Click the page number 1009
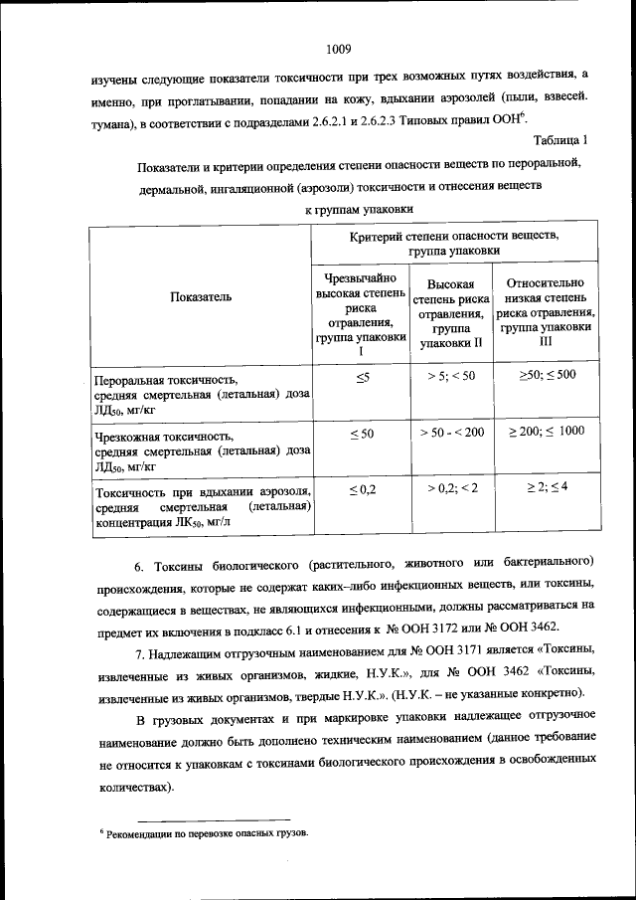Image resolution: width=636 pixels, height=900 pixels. (338, 47)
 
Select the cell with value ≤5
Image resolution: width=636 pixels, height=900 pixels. (362, 377)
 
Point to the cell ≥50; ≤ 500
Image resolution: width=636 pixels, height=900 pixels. (547, 375)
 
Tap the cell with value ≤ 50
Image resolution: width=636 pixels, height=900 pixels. (362, 434)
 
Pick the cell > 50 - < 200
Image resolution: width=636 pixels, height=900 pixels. (452, 432)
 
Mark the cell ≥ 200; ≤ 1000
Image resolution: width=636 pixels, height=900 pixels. (547, 431)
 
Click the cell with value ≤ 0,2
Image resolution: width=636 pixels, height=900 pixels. (362, 489)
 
